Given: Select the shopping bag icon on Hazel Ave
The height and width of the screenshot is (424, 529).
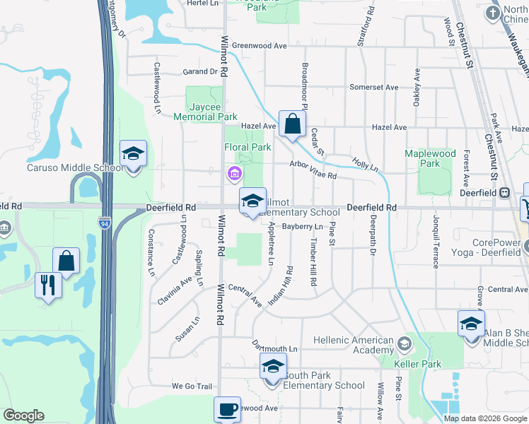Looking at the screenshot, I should [x=291, y=124].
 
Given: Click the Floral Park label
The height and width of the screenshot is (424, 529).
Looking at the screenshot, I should [x=248, y=148].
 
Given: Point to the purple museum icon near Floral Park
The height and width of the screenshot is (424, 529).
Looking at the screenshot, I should [x=233, y=173].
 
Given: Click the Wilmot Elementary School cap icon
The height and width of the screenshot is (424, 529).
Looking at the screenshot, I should [x=252, y=201].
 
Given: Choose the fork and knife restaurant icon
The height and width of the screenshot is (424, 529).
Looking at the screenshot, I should [x=48, y=285].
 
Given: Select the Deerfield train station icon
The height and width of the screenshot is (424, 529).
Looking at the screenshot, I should [x=504, y=192].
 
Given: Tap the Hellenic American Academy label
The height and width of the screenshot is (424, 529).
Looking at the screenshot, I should [x=352, y=345].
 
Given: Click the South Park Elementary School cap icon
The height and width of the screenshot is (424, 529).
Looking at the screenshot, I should [x=273, y=369].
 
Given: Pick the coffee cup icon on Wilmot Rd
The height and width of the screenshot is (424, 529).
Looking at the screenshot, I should [x=227, y=409].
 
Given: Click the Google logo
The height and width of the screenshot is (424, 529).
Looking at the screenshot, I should [x=23, y=416].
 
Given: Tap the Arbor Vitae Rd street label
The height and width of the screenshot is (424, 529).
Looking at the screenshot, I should [x=313, y=169].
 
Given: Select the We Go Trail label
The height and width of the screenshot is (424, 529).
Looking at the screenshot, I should [x=192, y=387].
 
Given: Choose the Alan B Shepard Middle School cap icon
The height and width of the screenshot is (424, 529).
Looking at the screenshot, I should [x=471, y=324].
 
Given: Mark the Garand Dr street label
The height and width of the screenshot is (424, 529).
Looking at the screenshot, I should [x=200, y=71].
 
